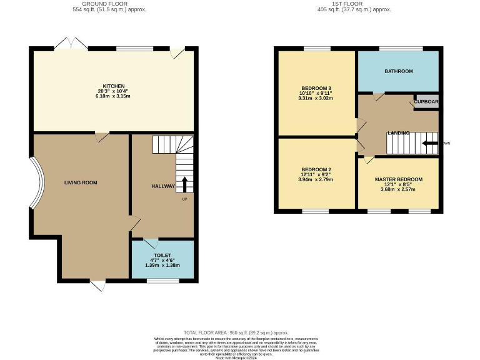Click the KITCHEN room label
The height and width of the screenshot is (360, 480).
[114, 86]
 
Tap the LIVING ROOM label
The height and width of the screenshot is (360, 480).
[81, 182]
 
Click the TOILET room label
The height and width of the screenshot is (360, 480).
[162, 256]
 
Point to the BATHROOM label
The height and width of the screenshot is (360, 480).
[398, 71]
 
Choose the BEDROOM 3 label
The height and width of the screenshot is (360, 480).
[316, 88]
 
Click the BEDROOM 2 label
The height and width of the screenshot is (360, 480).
[316, 169]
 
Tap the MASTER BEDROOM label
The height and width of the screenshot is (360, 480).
[398, 179]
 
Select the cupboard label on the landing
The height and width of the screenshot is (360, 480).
[426, 101]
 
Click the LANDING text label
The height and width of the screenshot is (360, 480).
[398, 133]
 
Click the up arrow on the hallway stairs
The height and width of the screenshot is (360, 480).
[184, 185]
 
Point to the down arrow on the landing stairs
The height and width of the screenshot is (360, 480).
[430, 143]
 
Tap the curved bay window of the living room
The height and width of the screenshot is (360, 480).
[37, 182]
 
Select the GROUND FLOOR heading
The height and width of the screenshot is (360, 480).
[101, 3]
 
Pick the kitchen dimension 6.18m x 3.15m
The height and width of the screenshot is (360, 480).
[114, 96]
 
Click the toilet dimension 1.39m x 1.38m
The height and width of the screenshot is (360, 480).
[162, 266]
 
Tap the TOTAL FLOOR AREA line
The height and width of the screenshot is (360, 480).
[236, 333]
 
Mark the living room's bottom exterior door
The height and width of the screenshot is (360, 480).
[97, 286]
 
